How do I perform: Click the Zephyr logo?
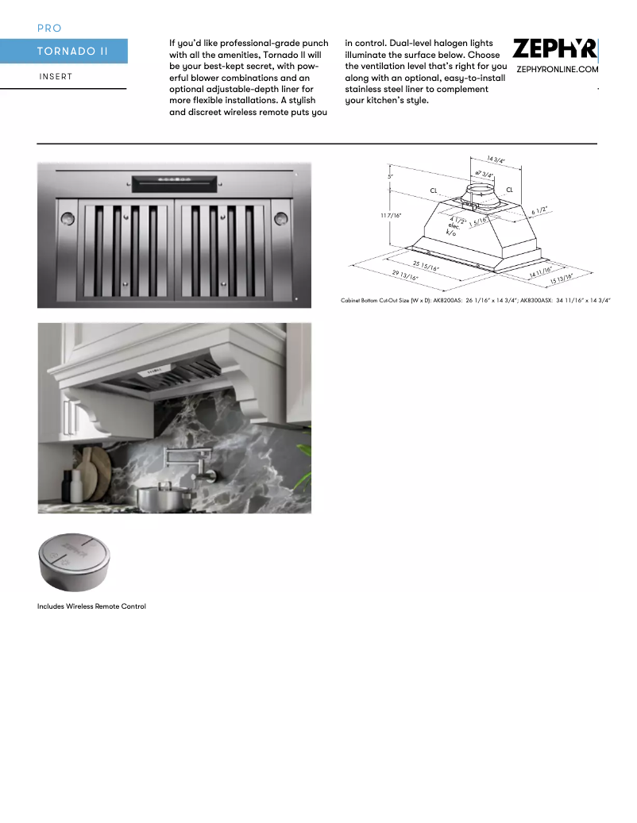(x=554, y=50)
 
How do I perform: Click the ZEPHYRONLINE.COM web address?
(x=557, y=70)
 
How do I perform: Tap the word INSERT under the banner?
(x=56, y=77)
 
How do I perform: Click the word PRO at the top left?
(x=49, y=29)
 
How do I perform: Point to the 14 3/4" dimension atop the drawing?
(x=496, y=160)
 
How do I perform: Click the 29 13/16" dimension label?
(x=404, y=274)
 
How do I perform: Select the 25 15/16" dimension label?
(x=425, y=265)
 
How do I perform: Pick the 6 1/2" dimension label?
(x=539, y=210)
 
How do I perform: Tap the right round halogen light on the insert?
(x=280, y=217)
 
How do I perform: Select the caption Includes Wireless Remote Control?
(x=91, y=606)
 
